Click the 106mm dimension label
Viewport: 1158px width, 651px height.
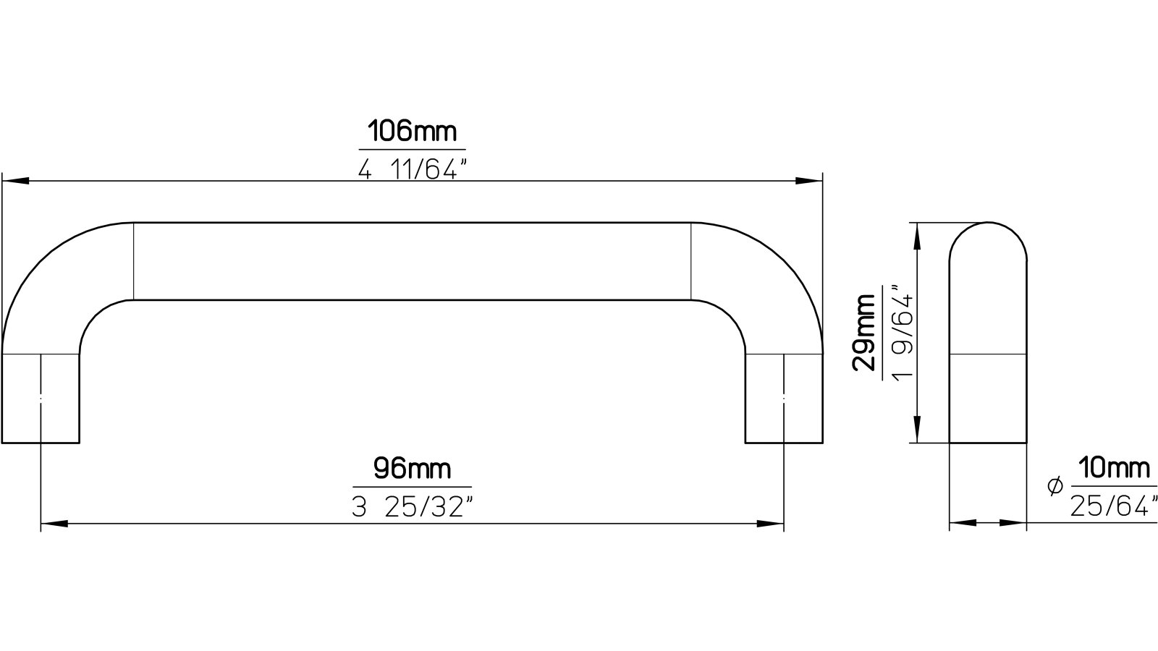coord(412,132)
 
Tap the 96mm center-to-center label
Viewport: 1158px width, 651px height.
coord(412,469)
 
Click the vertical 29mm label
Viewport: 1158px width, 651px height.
coord(864,332)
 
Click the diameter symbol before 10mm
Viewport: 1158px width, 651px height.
coord(1055,486)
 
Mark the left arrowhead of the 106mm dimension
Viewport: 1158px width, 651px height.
coord(14,181)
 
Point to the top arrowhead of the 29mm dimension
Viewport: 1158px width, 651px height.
coord(918,235)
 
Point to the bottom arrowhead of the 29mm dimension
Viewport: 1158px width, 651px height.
coord(918,430)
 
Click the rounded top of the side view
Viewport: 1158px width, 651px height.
coord(987,239)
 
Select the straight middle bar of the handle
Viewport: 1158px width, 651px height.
coord(412,261)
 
